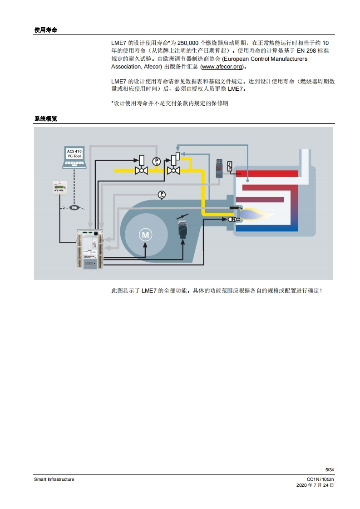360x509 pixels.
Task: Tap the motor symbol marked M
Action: coord(145,235)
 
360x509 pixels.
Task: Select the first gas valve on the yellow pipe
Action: coord(141,166)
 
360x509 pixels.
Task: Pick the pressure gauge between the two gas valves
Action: coord(157,161)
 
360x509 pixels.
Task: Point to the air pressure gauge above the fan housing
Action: coord(162,195)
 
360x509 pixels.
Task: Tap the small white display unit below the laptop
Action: coord(59,187)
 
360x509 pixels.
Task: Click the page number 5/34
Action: coord(330,470)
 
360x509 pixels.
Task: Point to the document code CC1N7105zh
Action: coord(321,479)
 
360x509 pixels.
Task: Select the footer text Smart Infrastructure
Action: coord(54,479)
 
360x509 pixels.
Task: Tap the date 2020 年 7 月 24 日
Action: coord(315,485)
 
